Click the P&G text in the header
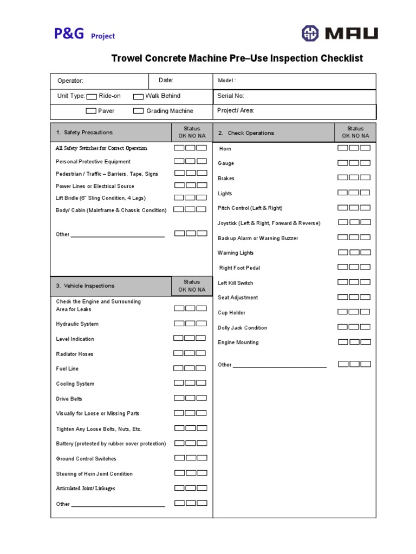tap(69, 34)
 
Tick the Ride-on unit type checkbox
tap(92, 96)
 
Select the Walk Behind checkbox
tap(138, 96)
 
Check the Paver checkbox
tap(91, 111)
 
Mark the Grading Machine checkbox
tap(138, 111)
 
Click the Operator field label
tap(70, 81)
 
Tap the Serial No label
tap(231, 96)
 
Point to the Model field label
tap(226, 81)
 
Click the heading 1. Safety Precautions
tap(84, 133)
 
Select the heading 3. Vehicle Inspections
tap(85, 286)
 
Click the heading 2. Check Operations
tap(246, 133)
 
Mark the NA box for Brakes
tap(366, 177)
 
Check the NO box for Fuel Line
tap(190, 368)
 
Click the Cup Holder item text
tap(231, 313)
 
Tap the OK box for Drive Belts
tap(179, 398)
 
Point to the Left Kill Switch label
tap(235, 283)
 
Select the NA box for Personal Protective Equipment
tap(201, 161)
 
